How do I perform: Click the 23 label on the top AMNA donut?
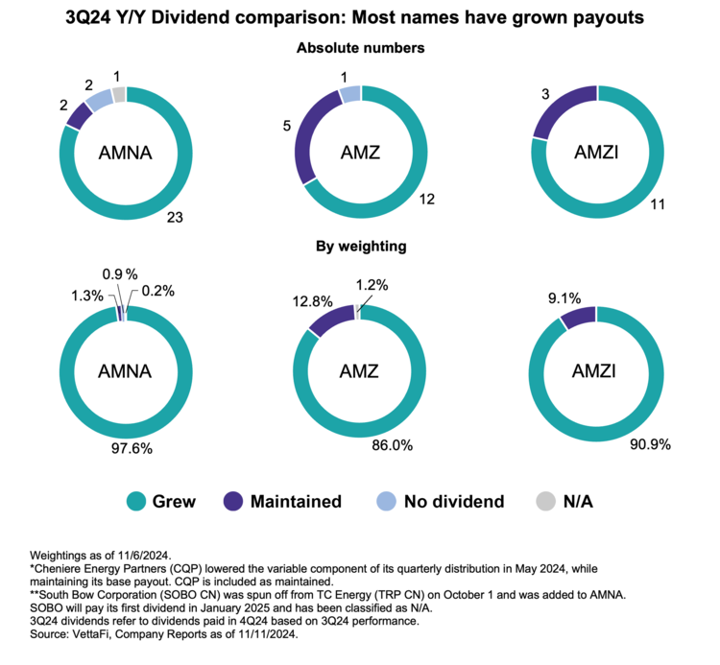pyautogui.click(x=175, y=217)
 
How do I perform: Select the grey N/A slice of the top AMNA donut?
pyautogui.click(x=119, y=94)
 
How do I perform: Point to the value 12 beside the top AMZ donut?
pyautogui.click(x=426, y=200)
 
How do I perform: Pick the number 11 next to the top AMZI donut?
pyautogui.click(x=658, y=204)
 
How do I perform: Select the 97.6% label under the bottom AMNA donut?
pyautogui.click(x=132, y=448)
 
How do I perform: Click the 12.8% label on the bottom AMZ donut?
pyautogui.click(x=313, y=301)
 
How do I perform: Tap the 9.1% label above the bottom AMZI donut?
pyautogui.click(x=564, y=298)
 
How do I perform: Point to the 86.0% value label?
pyautogui.click(x=392, y=445)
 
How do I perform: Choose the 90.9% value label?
pyautogui.click(x=650, y=444)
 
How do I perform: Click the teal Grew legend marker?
pyautogui.click(x=136, y=501)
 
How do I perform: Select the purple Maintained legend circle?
pyautogui.click(x=233, y=501)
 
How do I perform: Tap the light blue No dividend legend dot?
pyautogui.click(x=386, y=501)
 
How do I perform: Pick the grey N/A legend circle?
pyautogui.click(x=546, y=501)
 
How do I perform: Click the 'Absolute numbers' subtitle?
pyautogui.click(x=360, y=48)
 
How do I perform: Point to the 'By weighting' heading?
pyautogui.click(x=361, y=247)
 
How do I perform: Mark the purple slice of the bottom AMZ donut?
pyautogui.click(x=330, y=320)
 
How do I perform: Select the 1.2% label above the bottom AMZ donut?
pyautogui.click(x=372, y=285)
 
